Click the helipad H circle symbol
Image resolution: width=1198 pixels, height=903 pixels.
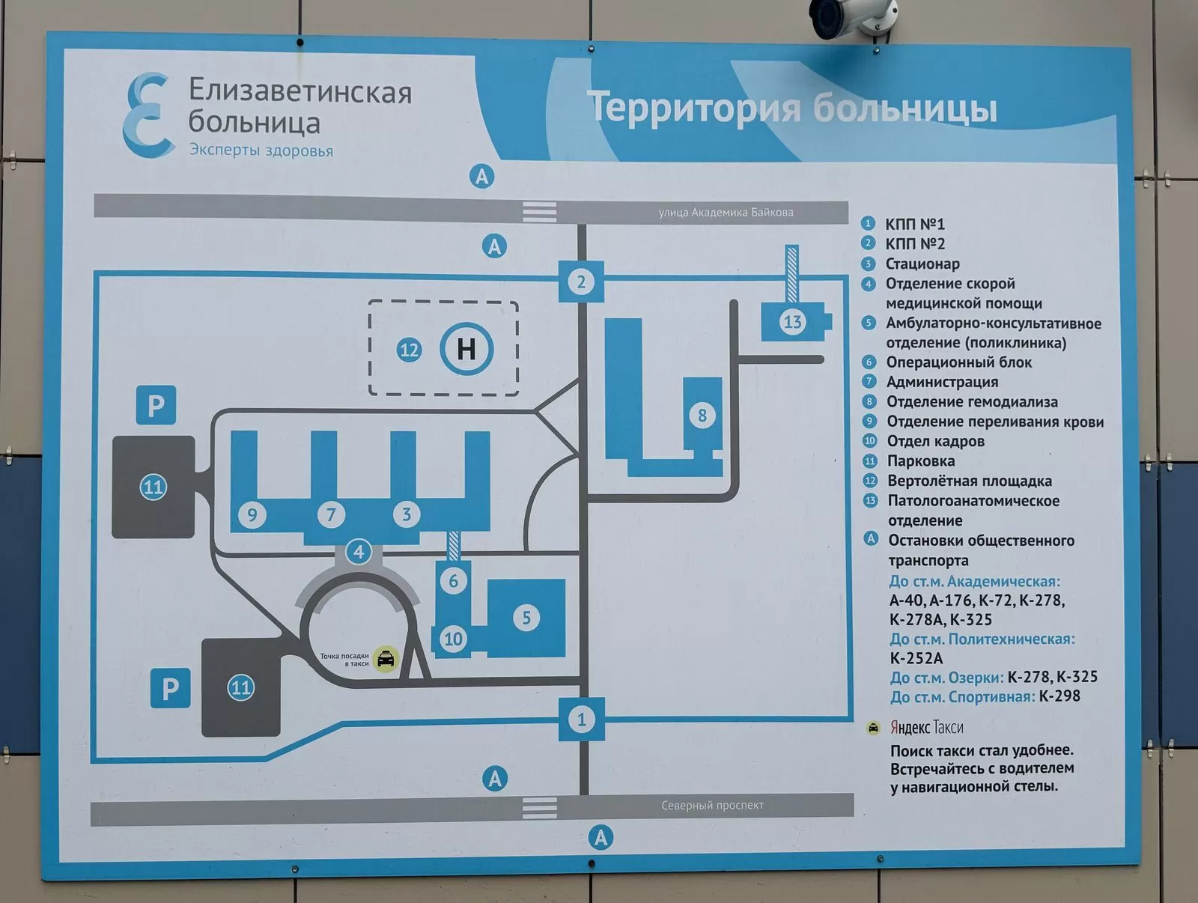tap(466, 348)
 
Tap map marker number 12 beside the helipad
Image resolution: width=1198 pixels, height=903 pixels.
tap(409, 350)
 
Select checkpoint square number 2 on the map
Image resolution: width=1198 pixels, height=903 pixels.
tap(581, 282)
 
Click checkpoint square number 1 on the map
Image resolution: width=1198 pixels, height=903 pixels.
tap(582, 720)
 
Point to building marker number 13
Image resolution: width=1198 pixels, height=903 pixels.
tap(792, 322)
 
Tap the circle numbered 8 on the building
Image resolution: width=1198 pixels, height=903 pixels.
tap(702, 415)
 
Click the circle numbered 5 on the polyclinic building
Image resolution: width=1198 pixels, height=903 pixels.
tap(526, 617)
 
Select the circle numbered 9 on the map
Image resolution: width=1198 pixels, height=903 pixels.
tap(252, 514)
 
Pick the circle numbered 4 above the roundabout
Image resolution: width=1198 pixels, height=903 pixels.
tap(359, 552)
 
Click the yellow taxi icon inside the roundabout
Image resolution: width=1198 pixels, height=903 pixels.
tap(386, 658)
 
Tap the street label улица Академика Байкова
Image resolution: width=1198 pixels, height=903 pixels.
tap(726, 213)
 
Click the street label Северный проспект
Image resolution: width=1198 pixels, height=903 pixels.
tap(712, 806)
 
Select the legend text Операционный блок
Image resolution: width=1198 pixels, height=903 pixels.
tap(958, 362)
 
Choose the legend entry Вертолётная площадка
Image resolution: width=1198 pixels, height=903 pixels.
tap(969, 481)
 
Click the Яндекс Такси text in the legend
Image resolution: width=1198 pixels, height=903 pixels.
tap(926, 727)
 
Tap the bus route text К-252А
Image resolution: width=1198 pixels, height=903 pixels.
tap(916, 658)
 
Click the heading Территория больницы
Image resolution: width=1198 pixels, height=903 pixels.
tap(792, 107)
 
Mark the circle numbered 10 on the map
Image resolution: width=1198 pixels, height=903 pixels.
tap(453, 639)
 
